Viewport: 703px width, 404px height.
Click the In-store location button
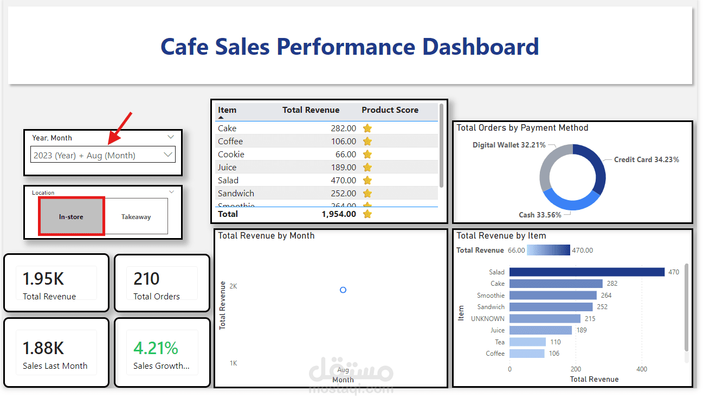(x=71, y=216)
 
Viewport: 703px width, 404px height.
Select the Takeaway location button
(x=136, y=216)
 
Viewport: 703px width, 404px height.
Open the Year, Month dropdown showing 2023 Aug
(x=103, y=155)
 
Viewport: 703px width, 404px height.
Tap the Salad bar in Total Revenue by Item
(x=586, y=272)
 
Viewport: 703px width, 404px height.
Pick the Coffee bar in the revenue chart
(x=534, y=354)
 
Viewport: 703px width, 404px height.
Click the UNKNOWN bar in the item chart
(x=545, y=319)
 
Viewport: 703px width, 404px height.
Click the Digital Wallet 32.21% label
(x=509, y=145)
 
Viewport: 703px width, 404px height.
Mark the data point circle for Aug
(x=343, y=290)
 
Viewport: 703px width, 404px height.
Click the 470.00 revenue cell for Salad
(x=344, y=181)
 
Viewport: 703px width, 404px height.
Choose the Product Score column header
(x=390, y=110)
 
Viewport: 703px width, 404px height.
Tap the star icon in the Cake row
(x=367, y=129)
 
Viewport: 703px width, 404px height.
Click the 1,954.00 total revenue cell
(x=339, y=214)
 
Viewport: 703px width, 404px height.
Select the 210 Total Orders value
(x=146, y=279)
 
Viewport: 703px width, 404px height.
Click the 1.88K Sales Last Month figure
(x=43, y=348)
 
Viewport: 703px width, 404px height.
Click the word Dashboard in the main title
(x=480, y=47)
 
